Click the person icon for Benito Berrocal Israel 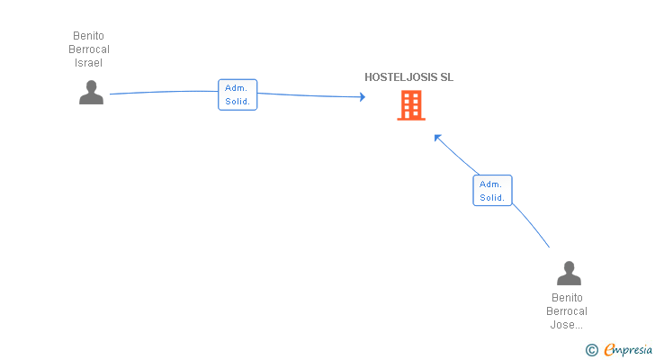91,93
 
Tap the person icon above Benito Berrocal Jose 569,273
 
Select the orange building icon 411,105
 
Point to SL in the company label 446,77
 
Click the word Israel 88,63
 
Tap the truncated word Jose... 566,325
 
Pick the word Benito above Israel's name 88,36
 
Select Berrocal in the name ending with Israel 89,49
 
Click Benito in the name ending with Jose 567,298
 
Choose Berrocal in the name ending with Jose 567,311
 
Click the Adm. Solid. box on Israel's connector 238,94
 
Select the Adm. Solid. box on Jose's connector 492,191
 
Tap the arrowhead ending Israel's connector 363,97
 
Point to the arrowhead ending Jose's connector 437,138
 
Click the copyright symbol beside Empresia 591,350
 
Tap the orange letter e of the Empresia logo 610,349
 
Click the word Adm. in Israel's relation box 236,88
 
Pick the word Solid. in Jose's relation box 492,197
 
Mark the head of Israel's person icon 91,86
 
